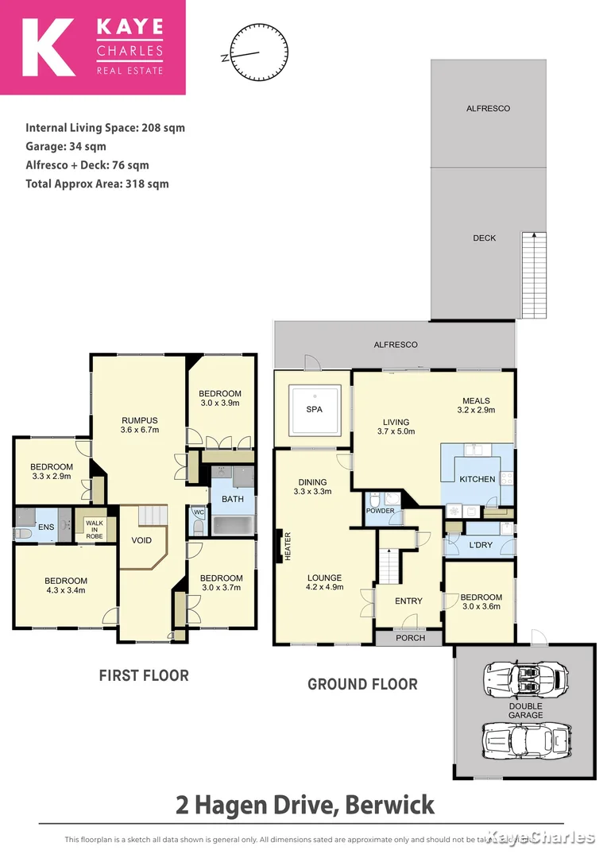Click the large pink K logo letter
pos(48,48)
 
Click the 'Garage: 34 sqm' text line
pos(66,146)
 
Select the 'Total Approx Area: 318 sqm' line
pos(97,184)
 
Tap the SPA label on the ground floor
pos(315,411)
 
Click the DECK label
pos(485,238)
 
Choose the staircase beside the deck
pos(534,275)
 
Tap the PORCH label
pos(410,638)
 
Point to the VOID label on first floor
pos(142,540)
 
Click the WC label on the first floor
pos(199,512)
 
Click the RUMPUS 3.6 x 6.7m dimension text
pos(140,430)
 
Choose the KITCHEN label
pos(477,479)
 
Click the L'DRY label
pos(479,546)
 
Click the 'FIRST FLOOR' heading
pos(144,675)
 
